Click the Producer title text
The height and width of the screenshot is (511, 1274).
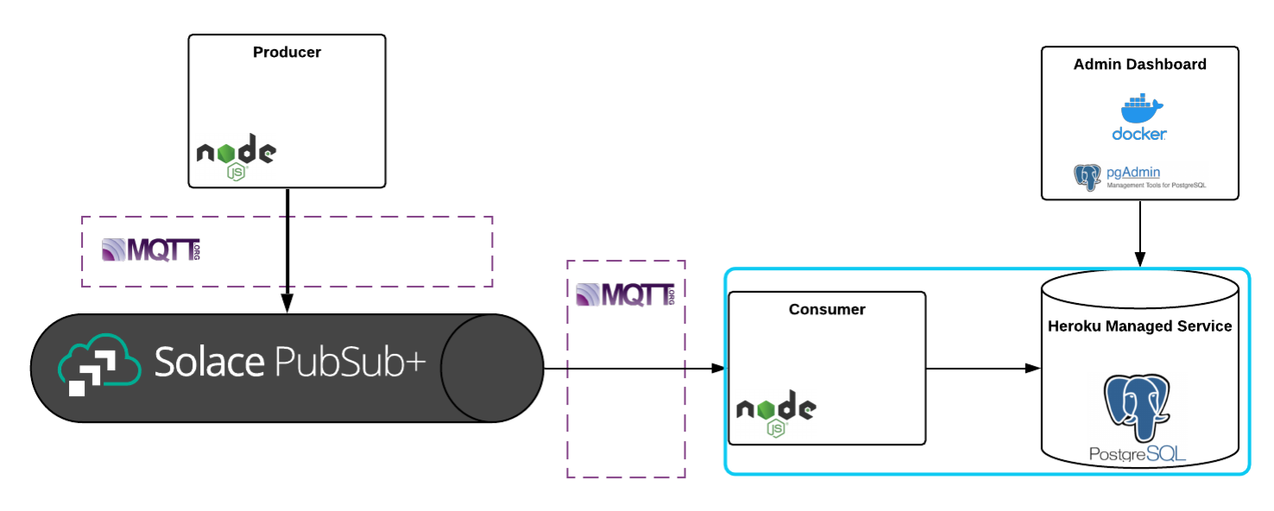[287, 53]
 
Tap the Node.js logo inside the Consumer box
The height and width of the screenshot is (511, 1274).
[776, 414]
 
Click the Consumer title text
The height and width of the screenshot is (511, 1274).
[827, 309]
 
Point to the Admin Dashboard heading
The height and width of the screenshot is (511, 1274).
[1139, 65]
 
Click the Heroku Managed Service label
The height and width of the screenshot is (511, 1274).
[1139, 326]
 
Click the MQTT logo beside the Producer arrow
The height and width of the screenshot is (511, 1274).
[151, 250]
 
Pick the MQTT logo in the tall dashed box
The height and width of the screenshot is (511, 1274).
[625, 294]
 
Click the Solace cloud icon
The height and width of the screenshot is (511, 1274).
[98, 366]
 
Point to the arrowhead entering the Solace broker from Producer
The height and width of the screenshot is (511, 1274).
[287, 304]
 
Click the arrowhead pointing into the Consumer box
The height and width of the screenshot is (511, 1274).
[716, 369]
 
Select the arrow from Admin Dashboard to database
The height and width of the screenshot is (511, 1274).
[1139, 233]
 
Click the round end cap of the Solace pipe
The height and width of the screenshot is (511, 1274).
[492, 369]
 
